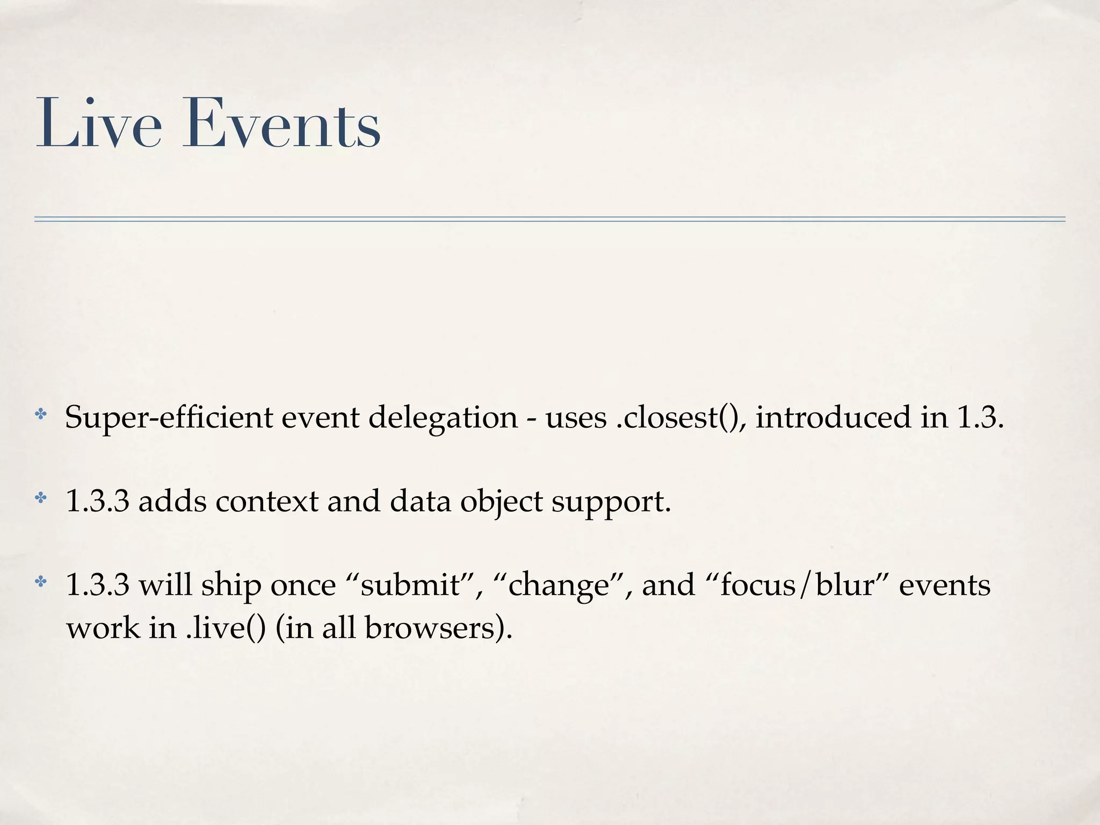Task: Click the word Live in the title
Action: point(99,124)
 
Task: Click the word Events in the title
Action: point(281,124)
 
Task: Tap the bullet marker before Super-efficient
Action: point(41,415)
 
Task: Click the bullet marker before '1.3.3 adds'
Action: point(41,498)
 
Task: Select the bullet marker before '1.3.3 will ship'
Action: point(41,582)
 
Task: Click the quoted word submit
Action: point(411,585)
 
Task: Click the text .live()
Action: point(226,627)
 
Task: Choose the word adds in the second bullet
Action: point(172,502)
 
